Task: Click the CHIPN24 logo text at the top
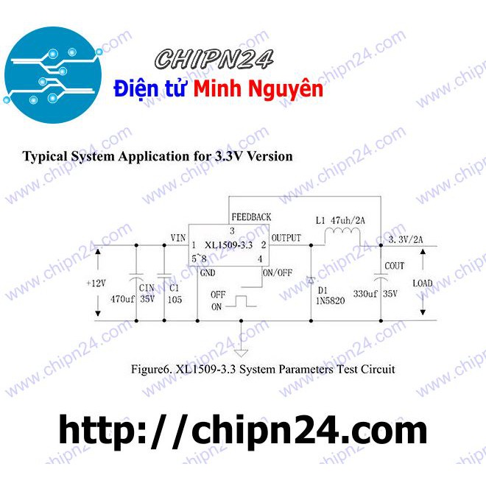click(214, 58)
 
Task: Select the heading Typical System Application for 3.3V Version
click(158, 156)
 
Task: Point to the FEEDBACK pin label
click(251, 217)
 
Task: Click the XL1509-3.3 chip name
click(229, 244)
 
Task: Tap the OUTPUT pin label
click(286, 238)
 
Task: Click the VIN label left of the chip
click(177, 238)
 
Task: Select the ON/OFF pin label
click(277, 272)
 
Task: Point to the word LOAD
click(423, 283)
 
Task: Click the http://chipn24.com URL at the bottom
click(242, 429)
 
